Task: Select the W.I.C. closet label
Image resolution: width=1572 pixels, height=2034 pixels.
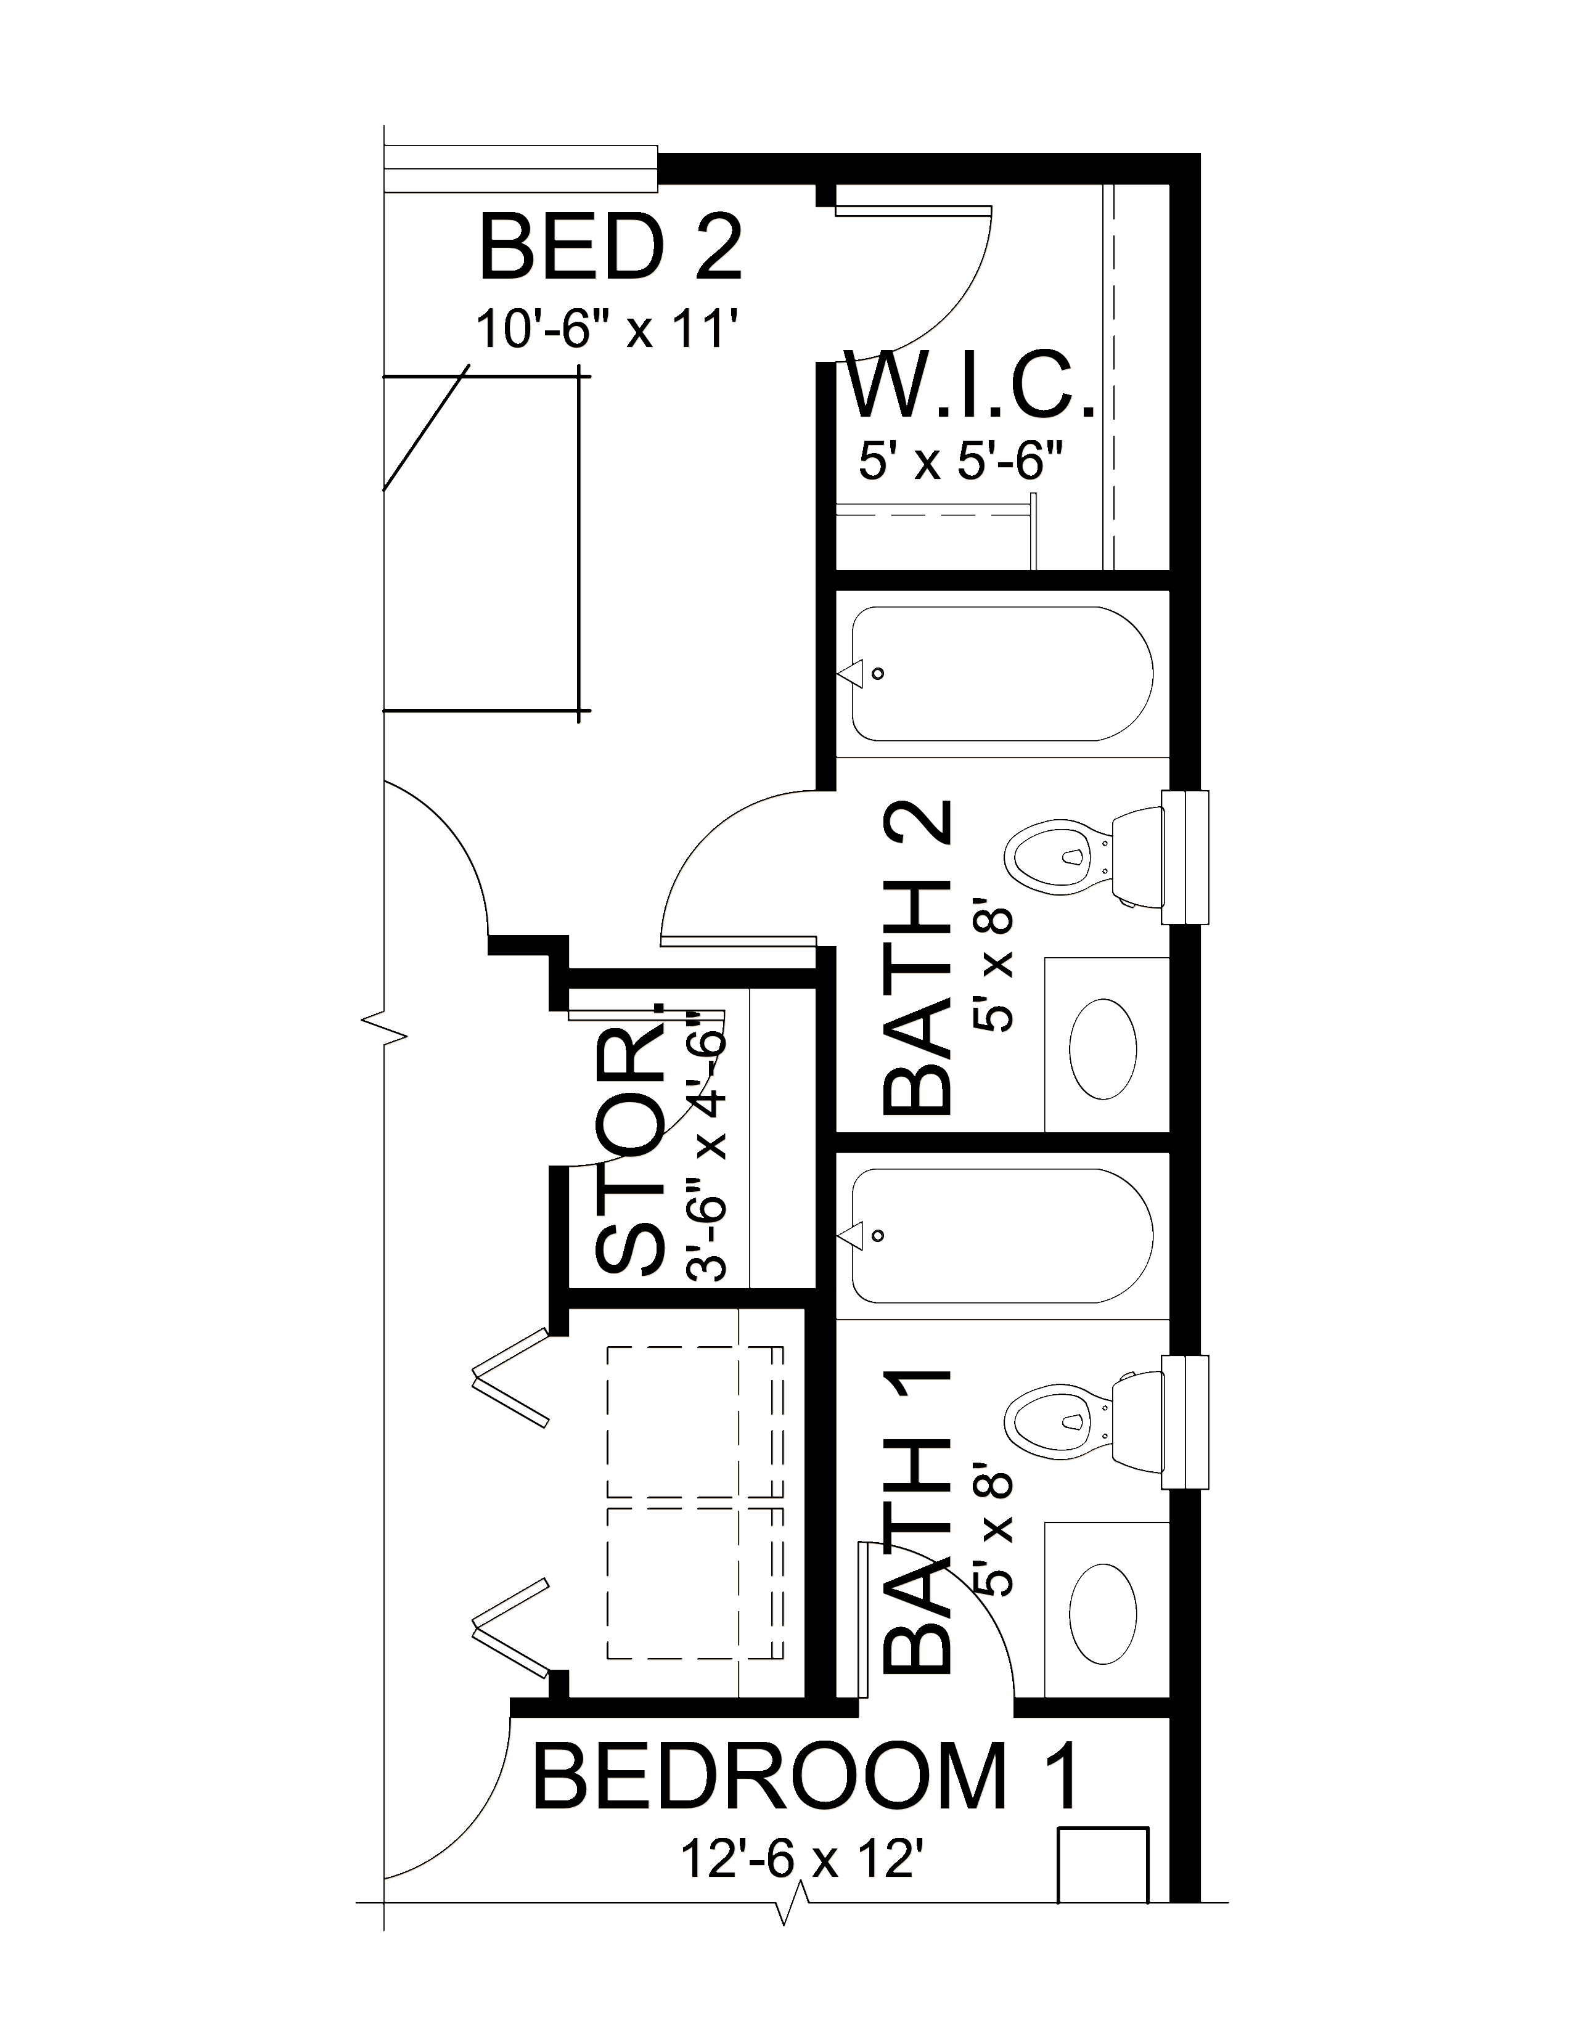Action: tap(970, 384)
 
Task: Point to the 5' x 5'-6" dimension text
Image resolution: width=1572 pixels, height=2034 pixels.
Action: tap(960, 461)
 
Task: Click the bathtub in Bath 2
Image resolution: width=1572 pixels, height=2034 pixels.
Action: tap(1002, 674)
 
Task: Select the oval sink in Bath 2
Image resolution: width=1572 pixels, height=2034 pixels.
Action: tap(1103, 1050)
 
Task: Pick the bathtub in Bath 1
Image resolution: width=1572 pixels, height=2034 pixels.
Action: tap(1002, 1236)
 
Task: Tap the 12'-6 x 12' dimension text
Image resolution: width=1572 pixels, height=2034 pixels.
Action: tap(806, 1861)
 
